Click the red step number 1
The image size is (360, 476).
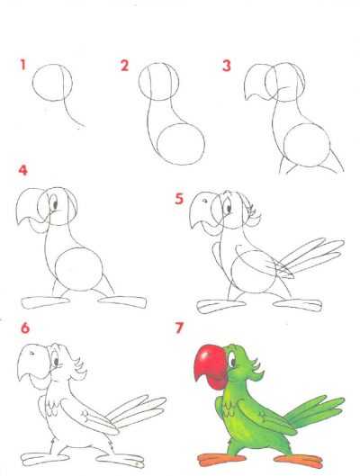coord(22,65)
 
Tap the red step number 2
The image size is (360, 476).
coord(124,66)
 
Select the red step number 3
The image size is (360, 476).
coord(227,66)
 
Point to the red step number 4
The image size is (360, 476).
coord(23,170)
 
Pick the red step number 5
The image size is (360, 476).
coord(179,199)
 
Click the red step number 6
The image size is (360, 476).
coord(25,328)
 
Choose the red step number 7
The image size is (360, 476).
coord(179,328)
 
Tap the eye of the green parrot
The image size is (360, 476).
coord(233,361)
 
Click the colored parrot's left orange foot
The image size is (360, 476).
coord(221,458)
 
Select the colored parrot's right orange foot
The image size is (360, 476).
coord(299,461)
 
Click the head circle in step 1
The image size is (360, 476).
coord(32,83)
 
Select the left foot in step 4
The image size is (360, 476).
coord(46,302)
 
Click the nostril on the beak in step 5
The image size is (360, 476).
coord(205,201)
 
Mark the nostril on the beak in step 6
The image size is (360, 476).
coord(31,354)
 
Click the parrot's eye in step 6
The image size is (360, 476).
coord(56,361)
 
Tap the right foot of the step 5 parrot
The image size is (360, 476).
coord(297,304)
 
